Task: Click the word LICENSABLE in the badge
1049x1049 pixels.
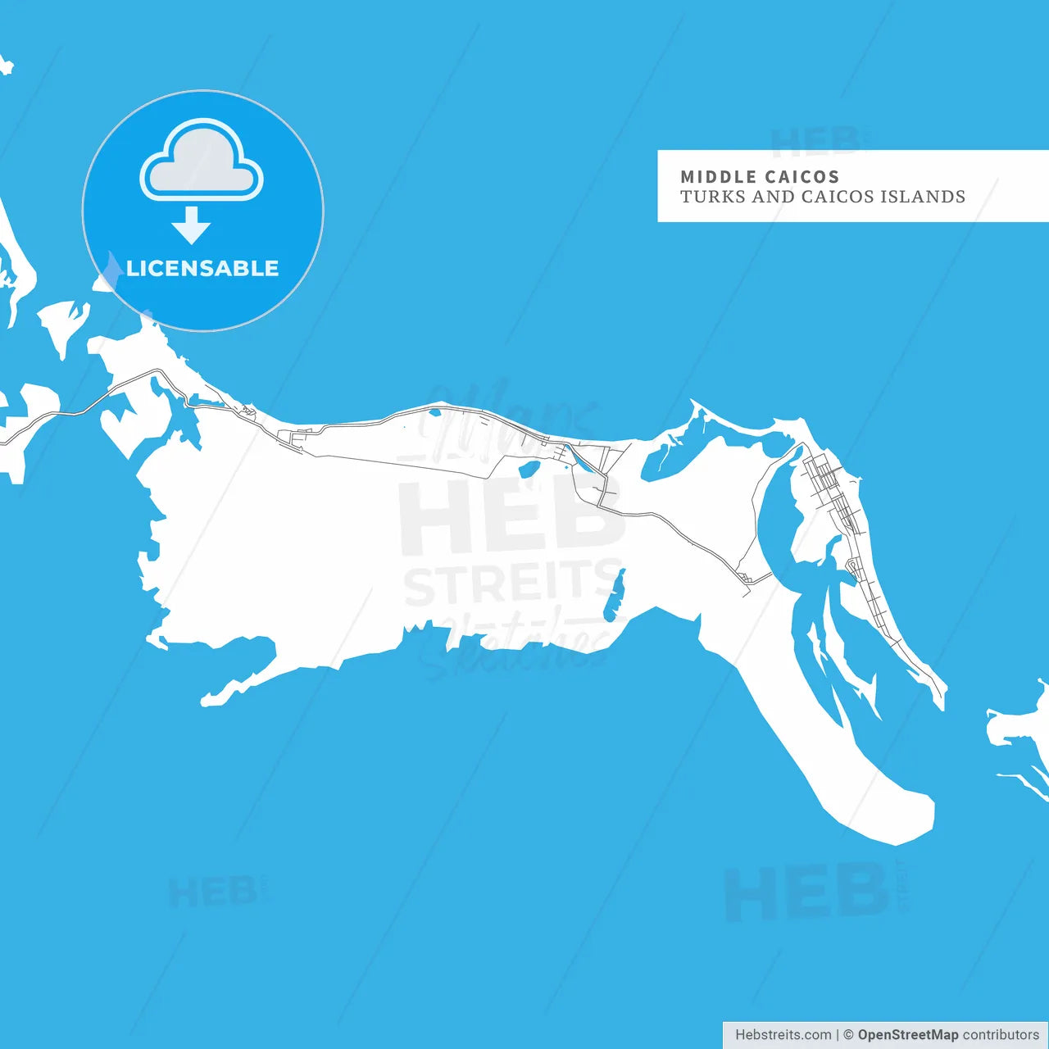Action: point(202,268)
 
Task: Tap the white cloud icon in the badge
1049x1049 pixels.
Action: point(202,161)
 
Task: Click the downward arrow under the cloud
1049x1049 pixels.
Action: point(192,225)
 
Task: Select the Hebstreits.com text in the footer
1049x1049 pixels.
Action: point(783,1035)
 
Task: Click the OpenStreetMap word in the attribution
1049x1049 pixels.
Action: point(907,1035)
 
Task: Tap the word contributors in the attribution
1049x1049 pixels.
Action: point(1000,1035)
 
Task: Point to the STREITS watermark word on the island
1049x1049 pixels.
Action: point(512,584)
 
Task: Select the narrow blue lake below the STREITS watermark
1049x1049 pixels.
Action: point(614,596)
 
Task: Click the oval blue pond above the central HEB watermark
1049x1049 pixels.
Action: point(529,469)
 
